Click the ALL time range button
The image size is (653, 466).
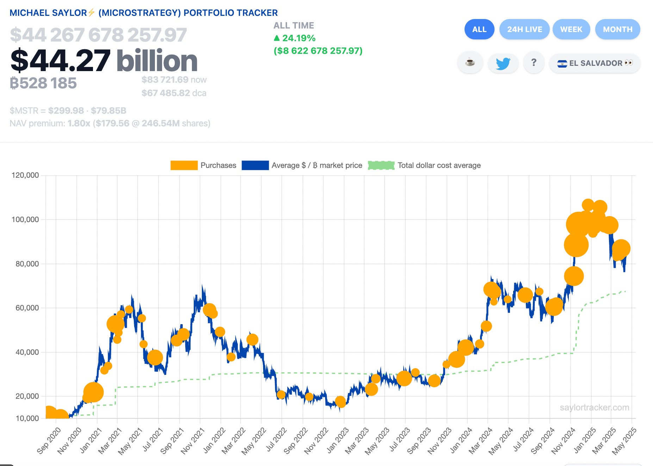pyautogui.click(x=479, y=29)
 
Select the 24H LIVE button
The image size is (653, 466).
pyautogui.click(x=524, y=29)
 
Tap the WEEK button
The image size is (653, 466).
pyautogui.click(x=571, y=29)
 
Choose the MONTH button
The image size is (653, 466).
pyautogui.click(x=617, y=29)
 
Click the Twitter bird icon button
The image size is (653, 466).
pyautogui.click(x=503, y=63)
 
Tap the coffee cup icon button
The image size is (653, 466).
pyautogui.click(x=470, y=63)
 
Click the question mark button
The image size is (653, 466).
pyautogui.click(x=534, y=63)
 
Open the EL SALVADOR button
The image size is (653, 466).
pyautogui.click(x=595, y=63)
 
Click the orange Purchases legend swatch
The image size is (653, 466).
pyautogui.click(x=184, y=165)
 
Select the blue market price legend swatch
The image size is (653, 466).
pyautogui.click(x=255, y=165)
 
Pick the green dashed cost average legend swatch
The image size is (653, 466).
pyautogui.click(x=381, y=165)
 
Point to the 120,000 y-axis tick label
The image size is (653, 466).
pyautogui.click(x=25, y=175)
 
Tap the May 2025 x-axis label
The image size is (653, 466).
pyautogui.click(x=624, y=441)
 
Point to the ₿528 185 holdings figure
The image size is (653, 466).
pyautogui.click(x=43, y=83)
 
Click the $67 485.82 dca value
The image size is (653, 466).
pyautogui.click(x=166, y=93)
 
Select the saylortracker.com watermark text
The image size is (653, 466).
pyautogui.click(x=594, y=408)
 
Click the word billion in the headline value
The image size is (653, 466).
pyautogui.click(x=157, y=61)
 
